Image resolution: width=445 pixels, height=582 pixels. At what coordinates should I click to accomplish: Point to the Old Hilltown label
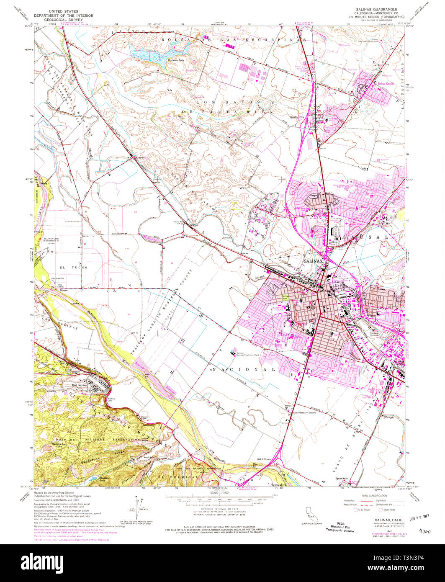[264, 459]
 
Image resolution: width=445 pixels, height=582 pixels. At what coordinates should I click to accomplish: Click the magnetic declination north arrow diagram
[138, 505]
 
